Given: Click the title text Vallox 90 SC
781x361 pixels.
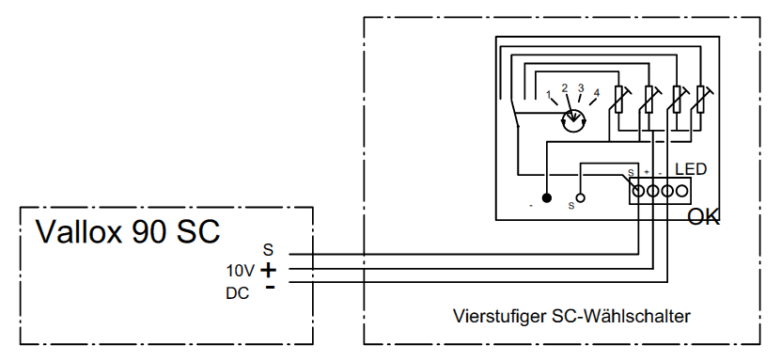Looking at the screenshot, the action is (x=128, y=231).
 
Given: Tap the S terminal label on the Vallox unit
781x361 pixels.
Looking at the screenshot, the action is (x=269, y=250).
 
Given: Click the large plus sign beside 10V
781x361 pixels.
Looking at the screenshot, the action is (x=269, y=271).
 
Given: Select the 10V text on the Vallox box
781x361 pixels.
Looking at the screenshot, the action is (x=240, y=272).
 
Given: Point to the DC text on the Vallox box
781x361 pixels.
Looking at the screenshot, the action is (x=238, y=293).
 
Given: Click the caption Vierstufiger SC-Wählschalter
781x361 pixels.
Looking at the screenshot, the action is (x=571, y=316).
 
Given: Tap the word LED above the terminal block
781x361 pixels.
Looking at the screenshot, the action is (x=691, y=169).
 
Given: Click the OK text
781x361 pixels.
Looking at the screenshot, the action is (x=704, y=217).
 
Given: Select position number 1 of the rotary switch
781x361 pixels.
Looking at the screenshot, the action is (x=549, y=94).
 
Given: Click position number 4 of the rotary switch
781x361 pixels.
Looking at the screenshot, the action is (x=597, y=93).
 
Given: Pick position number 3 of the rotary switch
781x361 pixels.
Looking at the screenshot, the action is (x=581, y=88).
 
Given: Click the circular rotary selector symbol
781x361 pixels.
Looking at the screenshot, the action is (x=573, y=120).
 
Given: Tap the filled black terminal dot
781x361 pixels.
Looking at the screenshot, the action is (x=547, y=197).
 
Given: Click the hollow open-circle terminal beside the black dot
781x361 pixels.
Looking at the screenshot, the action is (x=580, y=197).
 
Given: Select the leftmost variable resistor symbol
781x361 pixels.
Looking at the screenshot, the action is (x=620, y=99).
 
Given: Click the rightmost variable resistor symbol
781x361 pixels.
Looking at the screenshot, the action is (x=701, y=99).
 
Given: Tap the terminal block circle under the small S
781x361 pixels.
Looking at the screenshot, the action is (x=638, y=190).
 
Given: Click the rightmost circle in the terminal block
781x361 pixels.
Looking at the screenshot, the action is (x=682, y=190).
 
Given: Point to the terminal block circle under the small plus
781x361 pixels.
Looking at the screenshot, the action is (x=652, y=190).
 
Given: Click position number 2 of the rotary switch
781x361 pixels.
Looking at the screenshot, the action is (x=565, y=88).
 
